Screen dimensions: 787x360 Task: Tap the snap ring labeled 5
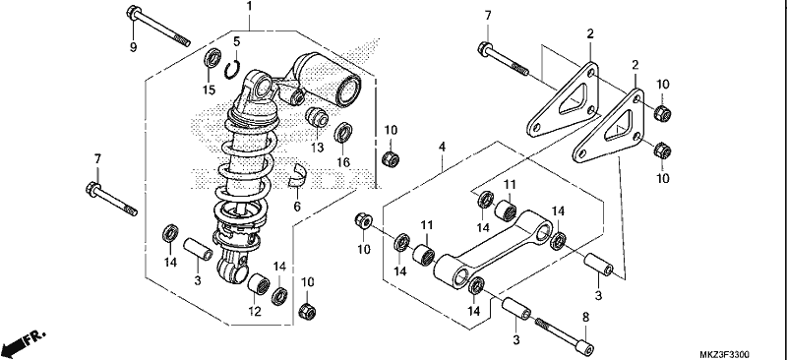233,70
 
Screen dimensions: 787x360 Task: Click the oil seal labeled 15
212,58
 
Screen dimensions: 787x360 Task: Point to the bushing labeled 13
317,117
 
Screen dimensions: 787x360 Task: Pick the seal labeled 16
343,133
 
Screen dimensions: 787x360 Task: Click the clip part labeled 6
297,175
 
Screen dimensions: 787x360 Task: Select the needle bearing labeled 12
259,284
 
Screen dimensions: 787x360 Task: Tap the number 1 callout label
249,7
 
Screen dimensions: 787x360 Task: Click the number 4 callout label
442,148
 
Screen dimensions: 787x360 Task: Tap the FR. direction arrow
23,342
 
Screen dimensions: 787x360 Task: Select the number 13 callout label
317,148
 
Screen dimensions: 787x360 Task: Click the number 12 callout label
255,311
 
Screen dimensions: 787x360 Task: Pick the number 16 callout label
343,162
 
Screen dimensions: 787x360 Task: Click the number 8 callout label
585,318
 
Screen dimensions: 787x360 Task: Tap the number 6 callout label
297,207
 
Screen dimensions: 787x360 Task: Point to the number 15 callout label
209,90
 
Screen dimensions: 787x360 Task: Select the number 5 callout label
237,40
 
